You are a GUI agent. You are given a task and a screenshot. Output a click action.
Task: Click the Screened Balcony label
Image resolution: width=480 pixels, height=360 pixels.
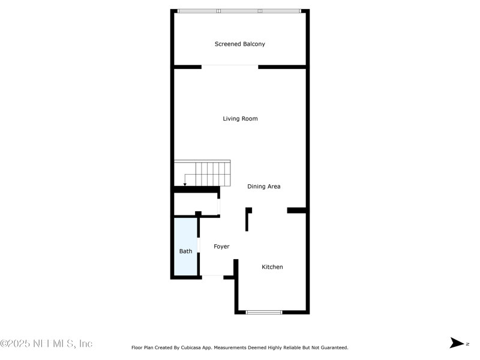click(239, 44)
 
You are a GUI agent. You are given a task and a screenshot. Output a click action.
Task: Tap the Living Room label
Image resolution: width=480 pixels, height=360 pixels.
click(240, 119)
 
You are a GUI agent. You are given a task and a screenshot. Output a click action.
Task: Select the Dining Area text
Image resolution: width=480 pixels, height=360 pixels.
click(263, 187)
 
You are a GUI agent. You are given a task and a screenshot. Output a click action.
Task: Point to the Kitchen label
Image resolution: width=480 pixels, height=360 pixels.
click(272, 267)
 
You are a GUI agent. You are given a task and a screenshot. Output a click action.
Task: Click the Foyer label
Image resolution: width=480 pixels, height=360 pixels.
click(221, 247)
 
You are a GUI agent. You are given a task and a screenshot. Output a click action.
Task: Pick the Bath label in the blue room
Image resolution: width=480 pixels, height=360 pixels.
click(185, 251)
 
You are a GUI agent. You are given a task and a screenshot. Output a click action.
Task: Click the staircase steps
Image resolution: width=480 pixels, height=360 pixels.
click(202, 173)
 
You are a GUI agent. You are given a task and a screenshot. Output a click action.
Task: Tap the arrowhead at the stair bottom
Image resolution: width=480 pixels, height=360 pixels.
click(185, 184)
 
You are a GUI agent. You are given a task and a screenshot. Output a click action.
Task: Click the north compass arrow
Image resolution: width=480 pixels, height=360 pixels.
click(457, 343)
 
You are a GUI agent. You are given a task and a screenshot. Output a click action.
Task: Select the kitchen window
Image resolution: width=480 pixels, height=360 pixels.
click(264, 312)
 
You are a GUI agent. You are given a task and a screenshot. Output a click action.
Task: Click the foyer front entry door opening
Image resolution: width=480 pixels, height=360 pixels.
click(212, 277)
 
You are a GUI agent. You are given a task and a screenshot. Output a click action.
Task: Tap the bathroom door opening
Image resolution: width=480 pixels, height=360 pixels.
click(199, 245)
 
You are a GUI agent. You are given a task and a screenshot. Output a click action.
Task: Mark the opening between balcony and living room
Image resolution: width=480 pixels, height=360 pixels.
click(230, 67)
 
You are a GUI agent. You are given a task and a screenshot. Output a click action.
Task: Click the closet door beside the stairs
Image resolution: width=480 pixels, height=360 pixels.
click(218, 206)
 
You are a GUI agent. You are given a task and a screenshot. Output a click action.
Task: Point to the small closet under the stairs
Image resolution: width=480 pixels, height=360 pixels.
click(196, 204)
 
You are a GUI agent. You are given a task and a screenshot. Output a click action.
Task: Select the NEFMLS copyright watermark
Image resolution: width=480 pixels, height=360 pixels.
click(46, 343)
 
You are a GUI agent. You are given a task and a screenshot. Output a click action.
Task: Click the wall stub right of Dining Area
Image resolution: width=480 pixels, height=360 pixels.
click(296, 210)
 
